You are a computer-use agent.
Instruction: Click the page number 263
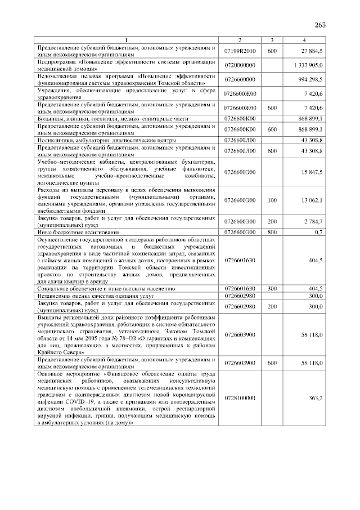[321, 25]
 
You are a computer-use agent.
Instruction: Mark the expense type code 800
[272, 232]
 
